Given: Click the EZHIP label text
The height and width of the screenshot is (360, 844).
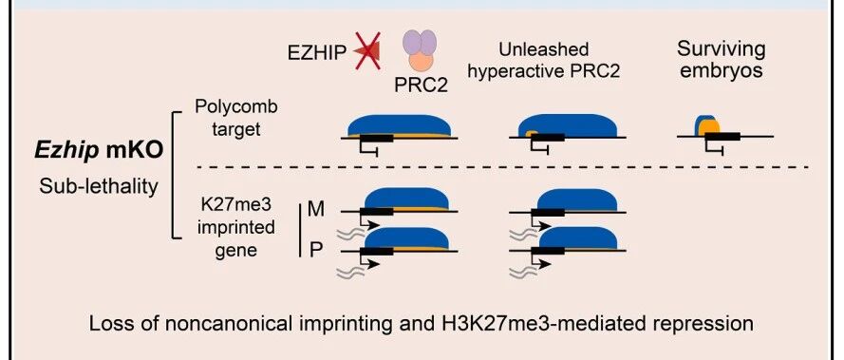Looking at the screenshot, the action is coord(316,54).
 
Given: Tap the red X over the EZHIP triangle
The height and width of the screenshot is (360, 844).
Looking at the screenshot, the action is coord(368,50).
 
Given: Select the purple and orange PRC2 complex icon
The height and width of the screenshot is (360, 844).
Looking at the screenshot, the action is coord(420,50).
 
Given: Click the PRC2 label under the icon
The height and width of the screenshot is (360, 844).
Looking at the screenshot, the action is coord(421,85).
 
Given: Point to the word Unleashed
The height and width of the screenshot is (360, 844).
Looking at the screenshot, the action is coord(544,49).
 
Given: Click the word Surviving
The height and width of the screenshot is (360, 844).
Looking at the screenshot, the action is coord(721,49).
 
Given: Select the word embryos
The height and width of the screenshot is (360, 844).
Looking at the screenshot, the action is coord(722,71).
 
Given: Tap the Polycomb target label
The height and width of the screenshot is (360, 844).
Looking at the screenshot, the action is coord(236,118).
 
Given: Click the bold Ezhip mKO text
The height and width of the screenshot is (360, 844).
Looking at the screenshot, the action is coord(99,151).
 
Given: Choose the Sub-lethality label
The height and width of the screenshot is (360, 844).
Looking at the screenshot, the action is coord(99,186).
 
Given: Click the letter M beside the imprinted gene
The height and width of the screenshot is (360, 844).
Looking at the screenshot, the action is coord(316,209).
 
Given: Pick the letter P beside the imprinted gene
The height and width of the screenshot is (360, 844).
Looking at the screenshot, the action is coord(316,250).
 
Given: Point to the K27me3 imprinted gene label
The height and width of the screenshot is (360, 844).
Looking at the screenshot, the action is coord(236,227).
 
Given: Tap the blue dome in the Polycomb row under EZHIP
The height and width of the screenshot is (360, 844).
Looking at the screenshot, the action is coord(400,125).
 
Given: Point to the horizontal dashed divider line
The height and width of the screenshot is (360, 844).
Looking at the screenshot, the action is coord(503,167).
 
